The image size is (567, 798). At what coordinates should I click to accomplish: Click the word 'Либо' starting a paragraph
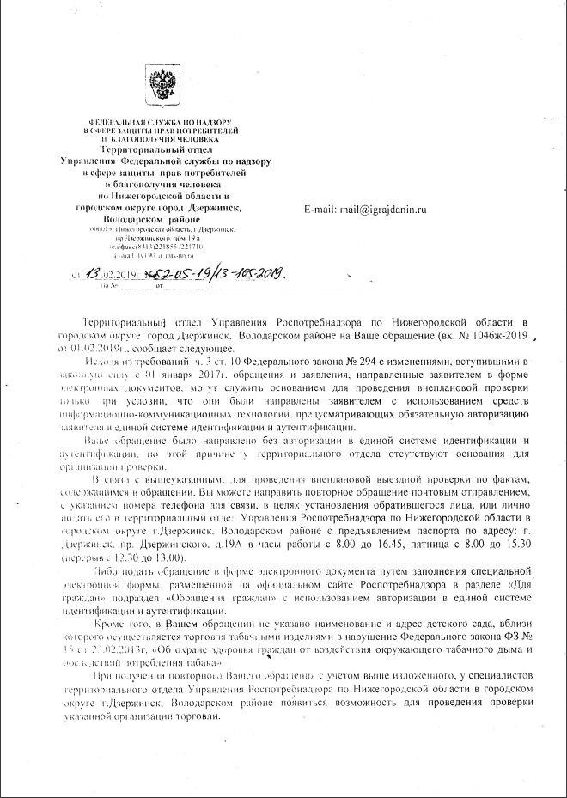113,570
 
